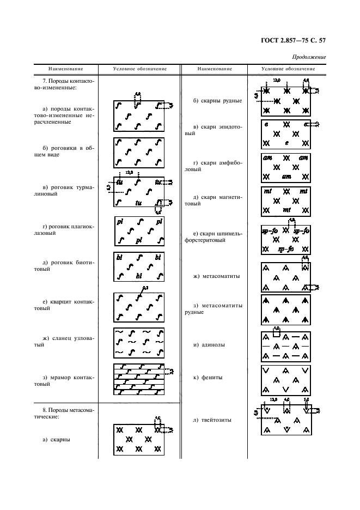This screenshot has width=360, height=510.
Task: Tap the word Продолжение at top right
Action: pos(309,57)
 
